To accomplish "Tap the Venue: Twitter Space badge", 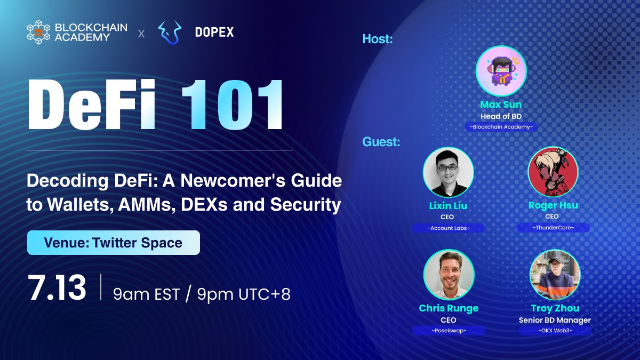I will click(114, 243).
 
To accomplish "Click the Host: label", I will click(377, 39).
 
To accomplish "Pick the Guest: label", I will click(381, 142).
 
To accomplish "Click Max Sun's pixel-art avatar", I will click(501, 71).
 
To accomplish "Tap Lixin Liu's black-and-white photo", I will click(448, 172).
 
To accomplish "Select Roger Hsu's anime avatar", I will click(553, 172).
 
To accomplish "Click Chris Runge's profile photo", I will click(448, 275).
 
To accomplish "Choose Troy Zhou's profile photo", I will click(555, 275).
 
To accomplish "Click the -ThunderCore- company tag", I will click(553, 228).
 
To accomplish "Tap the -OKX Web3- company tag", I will click(555, 331).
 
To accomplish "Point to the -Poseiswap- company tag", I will click(448, 331).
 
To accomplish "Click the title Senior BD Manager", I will click(555, 320).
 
